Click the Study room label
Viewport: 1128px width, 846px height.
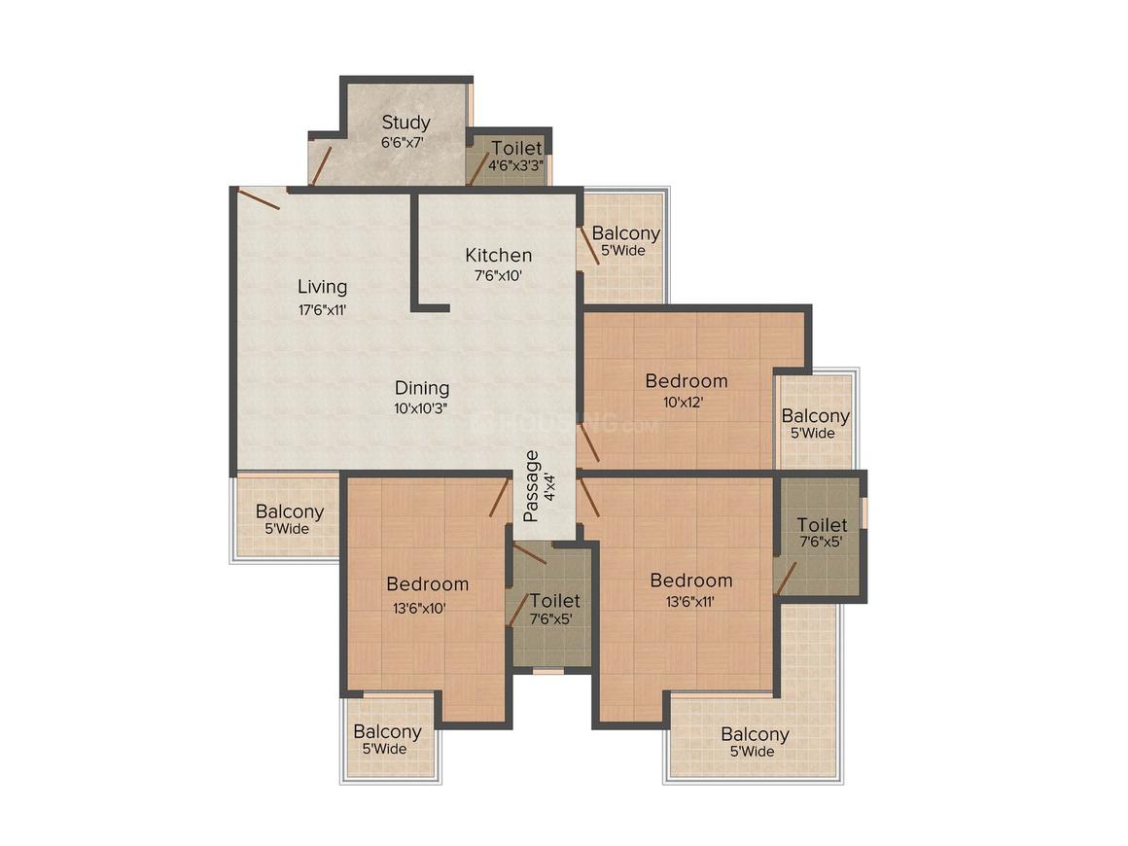pos(405,123)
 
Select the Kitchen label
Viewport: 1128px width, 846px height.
pos(499,256)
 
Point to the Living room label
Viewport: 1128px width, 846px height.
pos(322,287)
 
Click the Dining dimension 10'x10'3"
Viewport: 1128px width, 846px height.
pos(421,407)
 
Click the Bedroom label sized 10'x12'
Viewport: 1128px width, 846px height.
pos(687,381)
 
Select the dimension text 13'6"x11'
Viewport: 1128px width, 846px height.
pos(690,601)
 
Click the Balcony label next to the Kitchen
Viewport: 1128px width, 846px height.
pos(625,233)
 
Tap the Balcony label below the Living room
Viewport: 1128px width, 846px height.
pos(290,511)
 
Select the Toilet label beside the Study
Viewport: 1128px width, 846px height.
pos(516,149)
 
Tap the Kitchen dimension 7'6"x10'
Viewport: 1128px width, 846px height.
pos(499,276)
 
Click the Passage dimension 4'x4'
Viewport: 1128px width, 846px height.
pos(549,486)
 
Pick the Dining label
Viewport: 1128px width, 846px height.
pos(421,388)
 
